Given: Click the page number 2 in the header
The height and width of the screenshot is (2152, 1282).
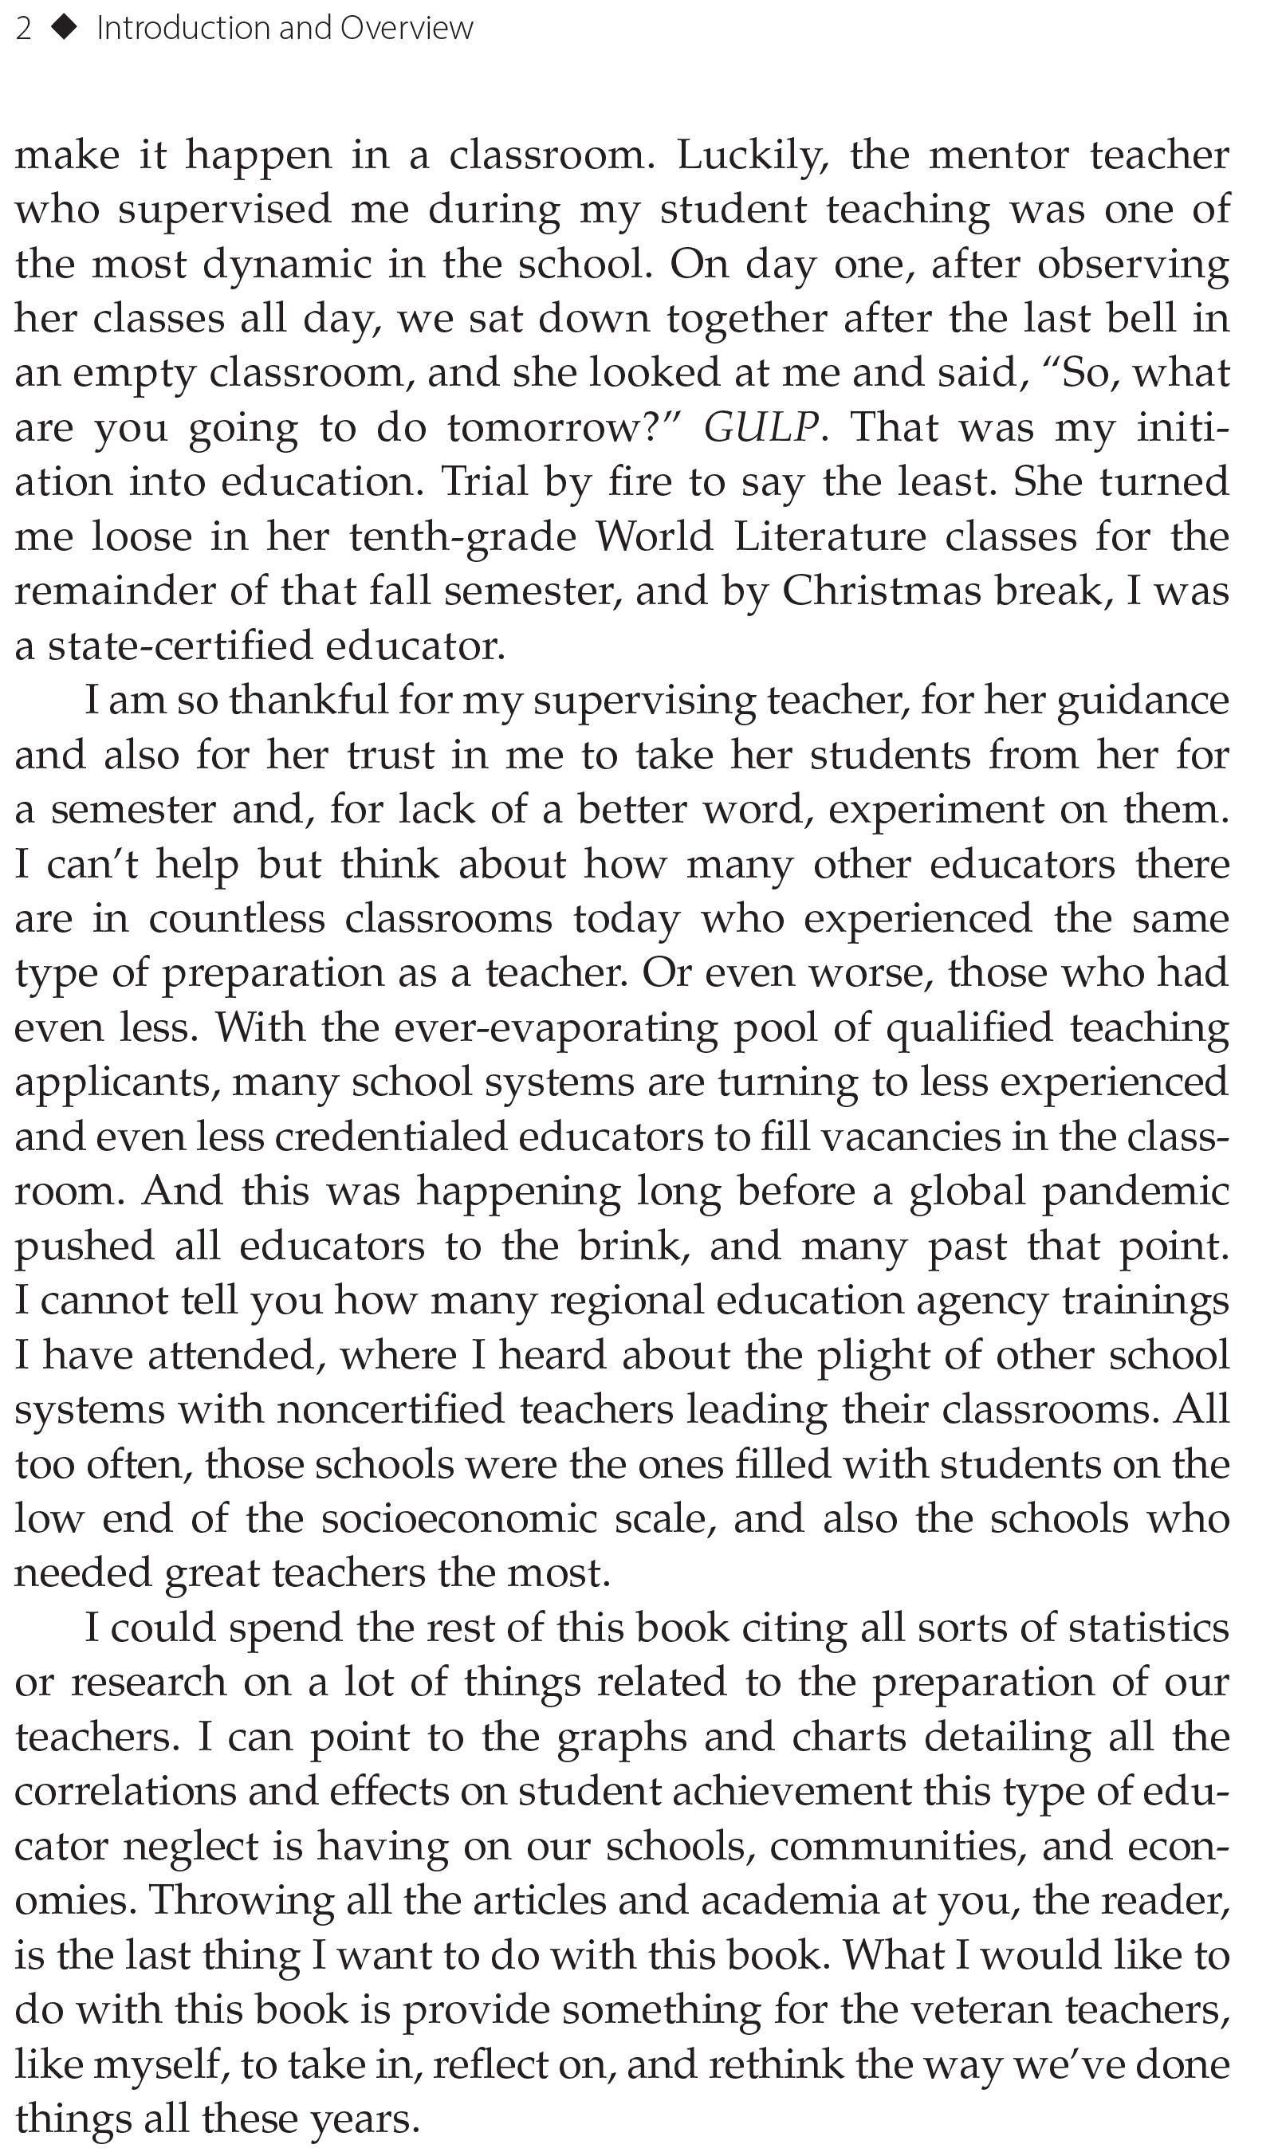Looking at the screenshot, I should tap(23, 29).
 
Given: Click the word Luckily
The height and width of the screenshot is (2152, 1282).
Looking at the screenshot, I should tap(753, 155).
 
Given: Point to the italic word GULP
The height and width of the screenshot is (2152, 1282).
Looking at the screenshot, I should tap(761, 427).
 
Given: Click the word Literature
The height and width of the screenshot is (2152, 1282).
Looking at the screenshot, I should tap(829, 536).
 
